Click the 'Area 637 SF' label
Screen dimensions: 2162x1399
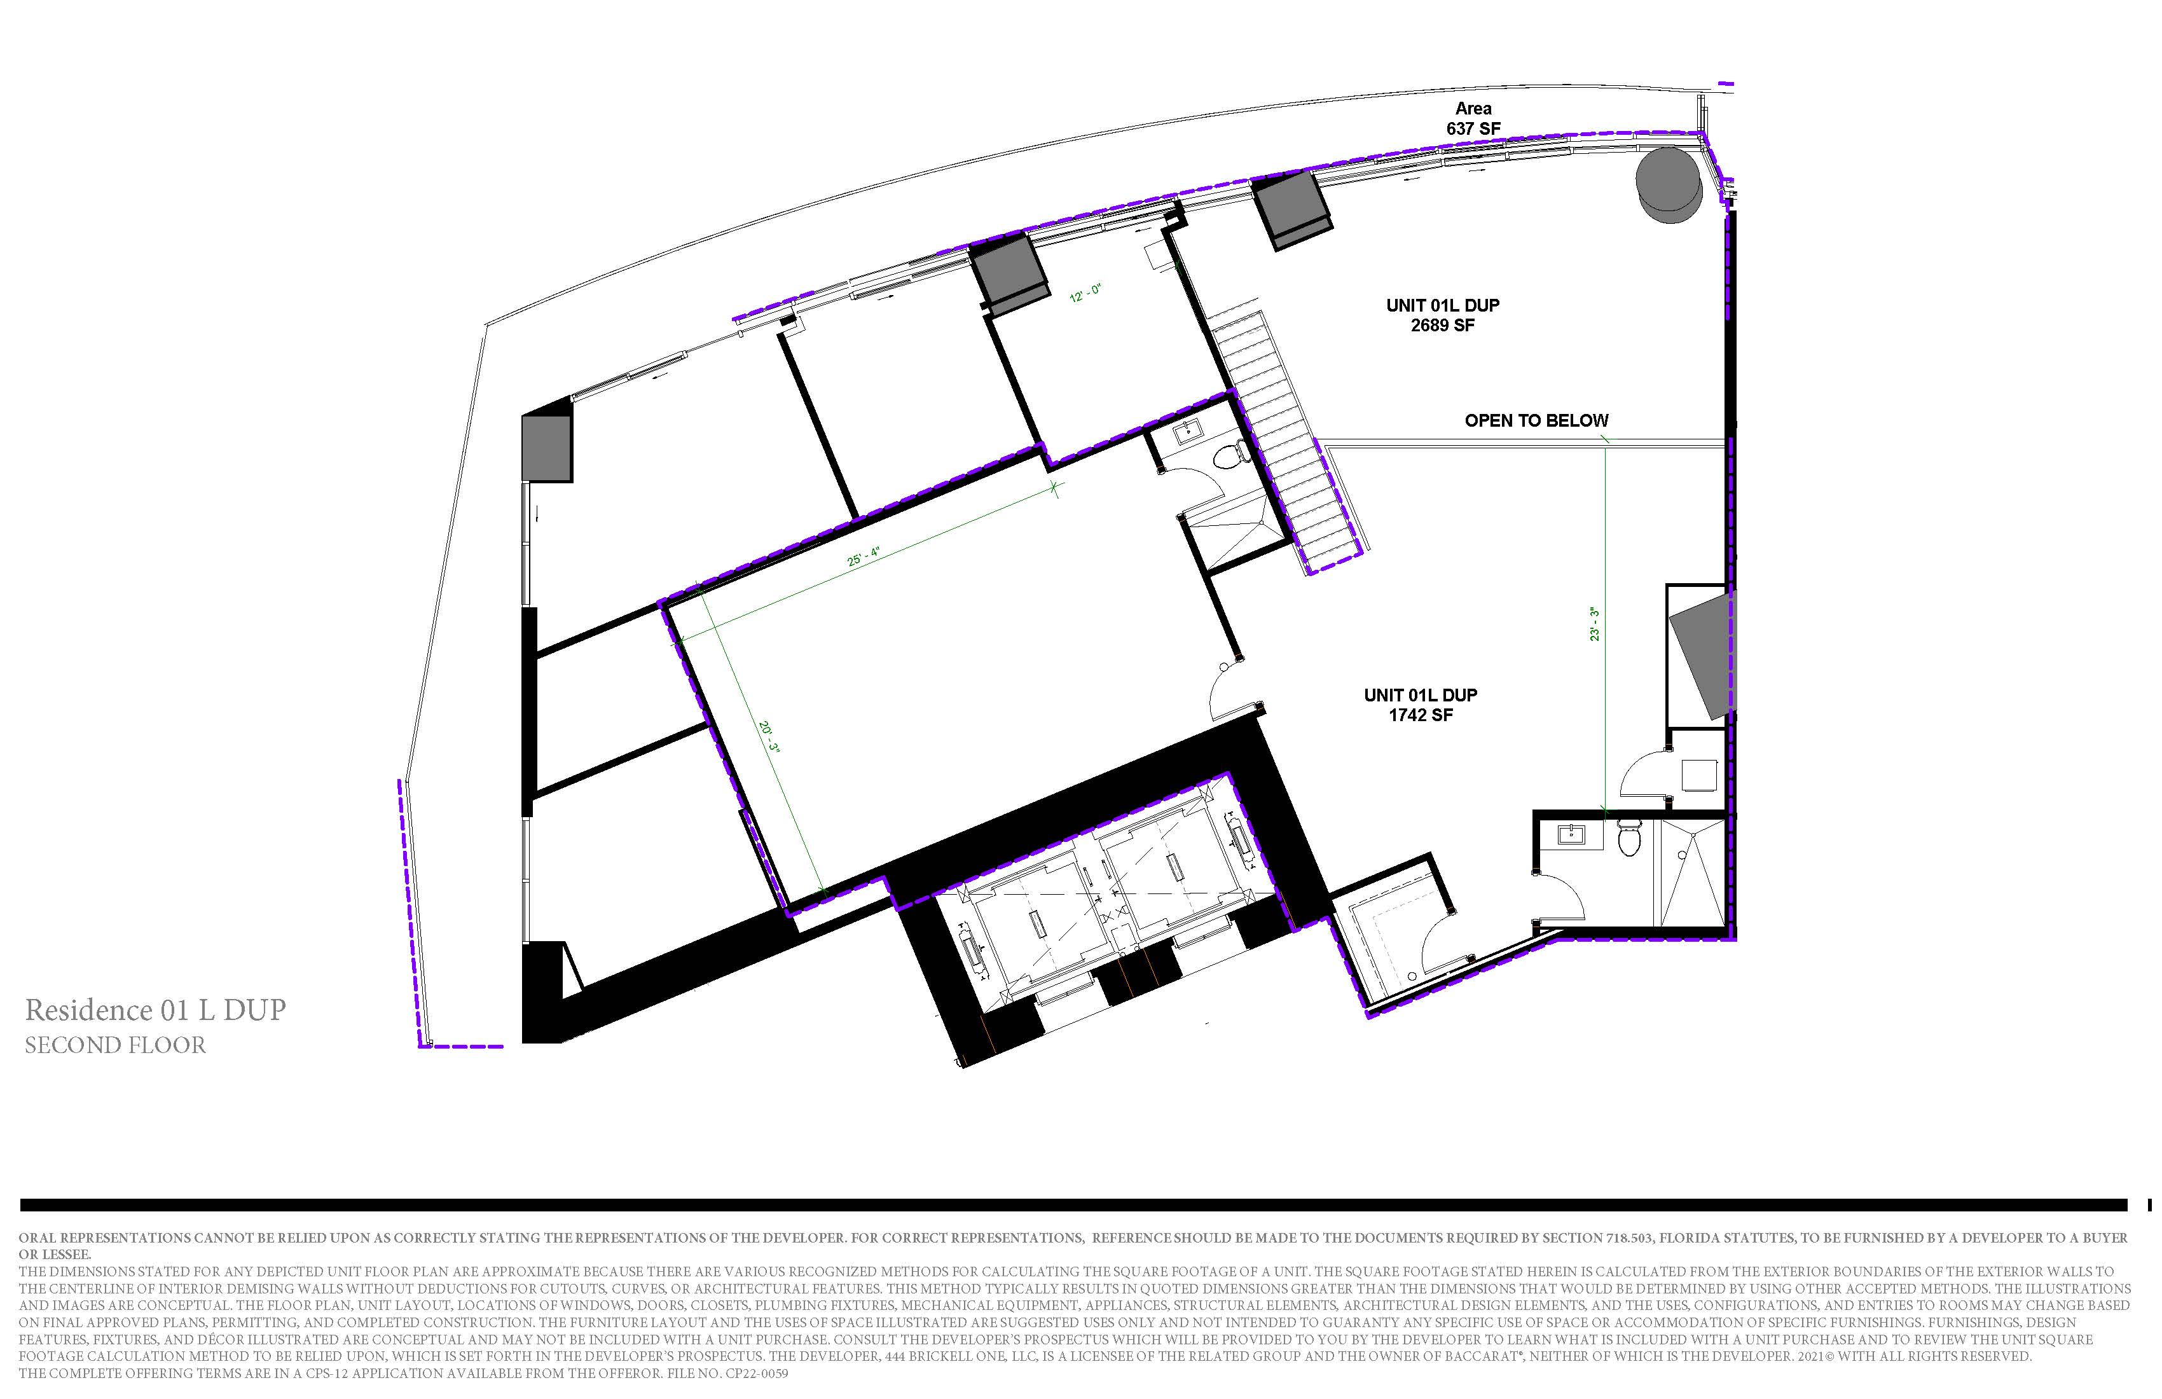[1473, 119]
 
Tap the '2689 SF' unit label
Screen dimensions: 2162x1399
[1443, 325]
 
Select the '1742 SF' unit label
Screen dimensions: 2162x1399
[1421, 715]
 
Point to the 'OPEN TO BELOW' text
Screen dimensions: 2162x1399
[1536, 420]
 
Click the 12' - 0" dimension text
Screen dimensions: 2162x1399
[1085, 293]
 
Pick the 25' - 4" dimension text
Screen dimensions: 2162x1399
[864, 556]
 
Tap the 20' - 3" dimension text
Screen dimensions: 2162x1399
[769, 737]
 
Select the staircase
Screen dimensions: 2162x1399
[1288, 443]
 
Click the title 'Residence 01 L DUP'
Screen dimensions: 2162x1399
[155, 1010]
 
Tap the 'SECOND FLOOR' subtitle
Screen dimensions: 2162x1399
[115, 1045]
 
